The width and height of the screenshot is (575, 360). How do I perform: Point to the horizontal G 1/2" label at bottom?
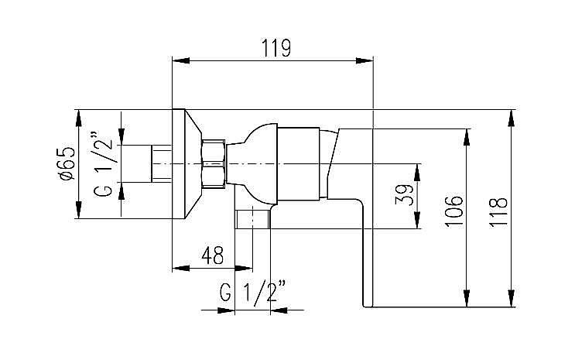tap(253, 293)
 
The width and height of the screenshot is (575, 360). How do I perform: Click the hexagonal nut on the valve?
tap(214, 164)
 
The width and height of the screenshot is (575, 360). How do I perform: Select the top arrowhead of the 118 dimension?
tap(511, 116)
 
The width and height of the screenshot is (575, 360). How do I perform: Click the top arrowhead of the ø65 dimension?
tap(79, 116)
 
